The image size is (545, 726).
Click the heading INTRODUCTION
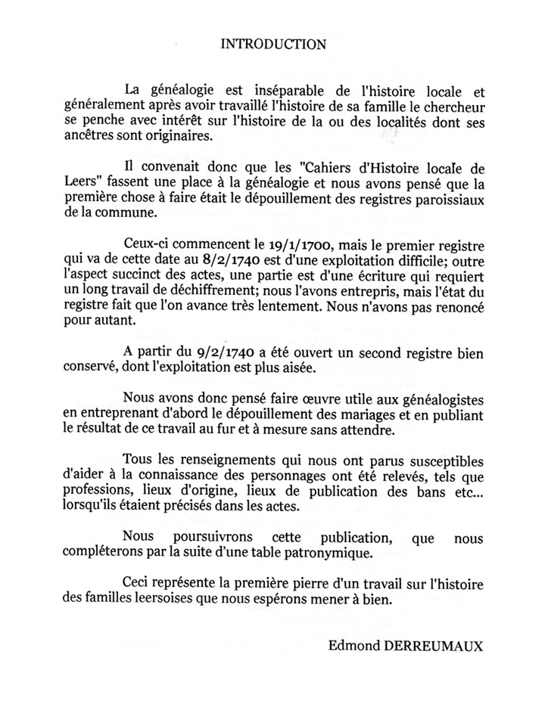pos(273,44)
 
